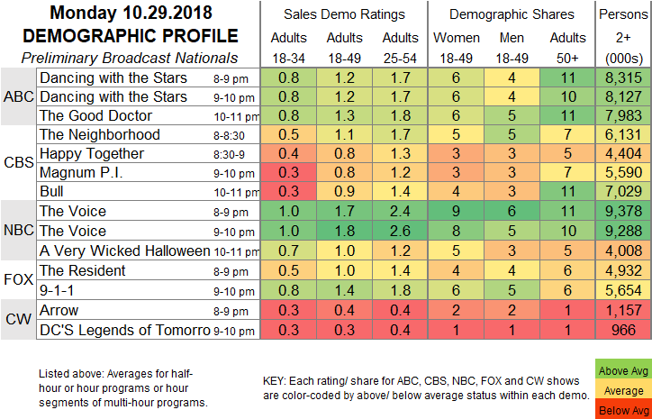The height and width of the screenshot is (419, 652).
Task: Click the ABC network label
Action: (18, 96)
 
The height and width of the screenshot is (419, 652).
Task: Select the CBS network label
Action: (18, 163)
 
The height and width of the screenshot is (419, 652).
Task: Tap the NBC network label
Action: (18, 230)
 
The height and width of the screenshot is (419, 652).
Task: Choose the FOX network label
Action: (18, 278)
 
